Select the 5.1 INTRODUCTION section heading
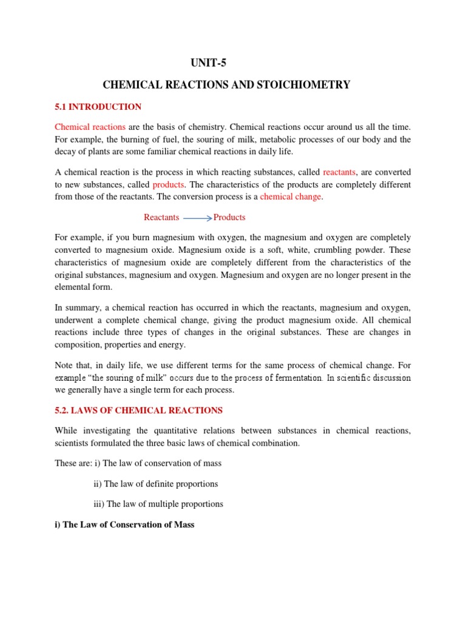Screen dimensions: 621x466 pyautogui.click(x=98, y=107)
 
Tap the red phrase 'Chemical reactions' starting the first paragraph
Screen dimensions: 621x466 pyautogui.click(x=90, y=127)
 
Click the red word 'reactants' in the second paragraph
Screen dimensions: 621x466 pyautogui.click(x=340, y=172)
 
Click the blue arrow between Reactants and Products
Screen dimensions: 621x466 pyautogui.click(x=197, y=218)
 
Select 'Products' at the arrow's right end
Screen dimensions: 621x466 pyautogui.click(x=229, y=217)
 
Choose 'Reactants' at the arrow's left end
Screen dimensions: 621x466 pyautogui.click(x=161, y=217)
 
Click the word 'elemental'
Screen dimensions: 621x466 pyautogui.click(x=75, y=287)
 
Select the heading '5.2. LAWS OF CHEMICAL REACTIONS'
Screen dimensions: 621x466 pyautogui.click(x=138, y=411)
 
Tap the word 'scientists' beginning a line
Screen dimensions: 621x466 pyautogui.click(x=73, y=443)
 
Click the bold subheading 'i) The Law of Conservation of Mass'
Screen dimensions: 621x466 pyautogui.click(x=124, y=525)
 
